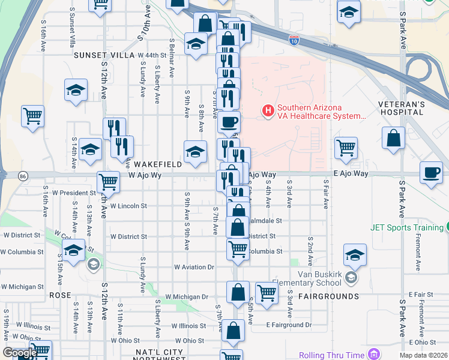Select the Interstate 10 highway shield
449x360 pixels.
tap(294, 40)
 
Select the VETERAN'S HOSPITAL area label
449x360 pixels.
tap(419, 108)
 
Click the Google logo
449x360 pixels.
tap(20, 352)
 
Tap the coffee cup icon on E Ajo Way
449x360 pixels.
tap(431, 173)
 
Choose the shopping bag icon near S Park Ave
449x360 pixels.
tap(393, 137)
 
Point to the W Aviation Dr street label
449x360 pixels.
tap(194, 266)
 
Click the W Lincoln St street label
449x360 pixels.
tap(128, 206)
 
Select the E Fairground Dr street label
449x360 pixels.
tap(290, 325)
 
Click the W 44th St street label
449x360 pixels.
tap(151, 55)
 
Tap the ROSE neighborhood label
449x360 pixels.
tap(60, 296)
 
